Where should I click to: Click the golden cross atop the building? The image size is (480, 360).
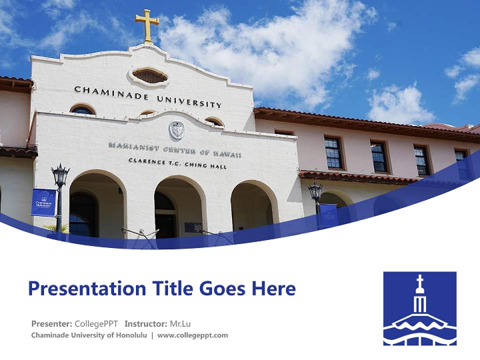[147, 25]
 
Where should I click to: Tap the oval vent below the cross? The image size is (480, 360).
[149, 76]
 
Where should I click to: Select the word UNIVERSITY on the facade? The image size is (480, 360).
[189, 101]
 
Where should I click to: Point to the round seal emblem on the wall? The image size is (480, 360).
[176, 130]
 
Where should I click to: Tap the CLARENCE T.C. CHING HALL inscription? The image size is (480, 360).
[177, 163]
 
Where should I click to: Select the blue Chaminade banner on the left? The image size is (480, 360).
[43, 202]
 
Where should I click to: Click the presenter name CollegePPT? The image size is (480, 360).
[96, 323]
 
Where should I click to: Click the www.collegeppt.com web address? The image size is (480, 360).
[192, 335]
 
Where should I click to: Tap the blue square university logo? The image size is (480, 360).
[419, 308]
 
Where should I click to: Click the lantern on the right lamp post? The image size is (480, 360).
[315, 192]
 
